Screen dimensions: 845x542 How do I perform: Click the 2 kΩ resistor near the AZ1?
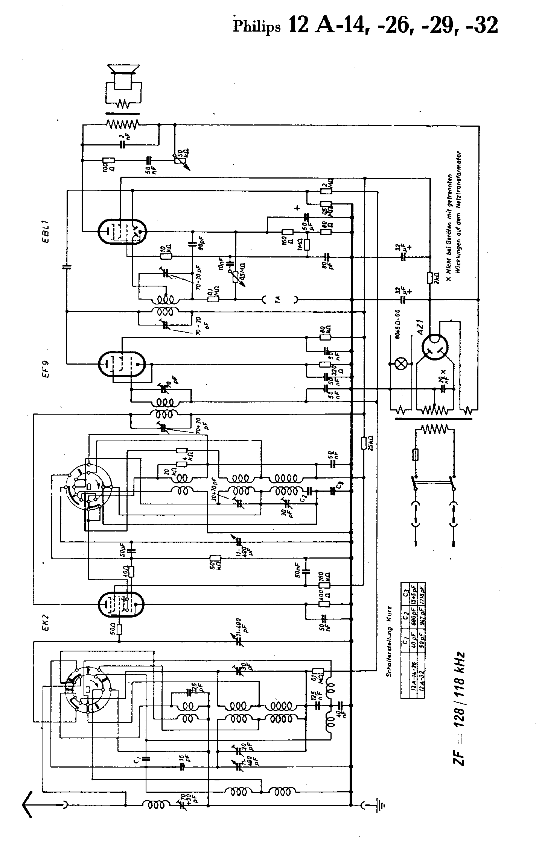(x=429, y=278)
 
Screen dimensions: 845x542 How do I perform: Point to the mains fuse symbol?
(x=416, y=454)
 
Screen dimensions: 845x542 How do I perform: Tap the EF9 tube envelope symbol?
(x=121, y=364)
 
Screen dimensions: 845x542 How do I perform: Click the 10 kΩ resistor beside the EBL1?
(x=166, y=256)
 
